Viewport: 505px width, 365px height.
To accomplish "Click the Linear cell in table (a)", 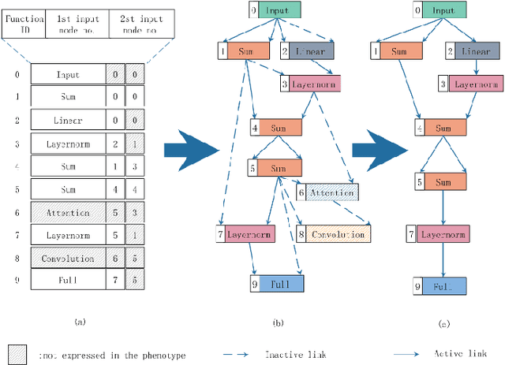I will click(x=68, y=121).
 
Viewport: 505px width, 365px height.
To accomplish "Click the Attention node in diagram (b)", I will click(x=324, y=192).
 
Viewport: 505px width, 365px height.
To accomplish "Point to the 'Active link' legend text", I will click(x=458, y=355).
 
